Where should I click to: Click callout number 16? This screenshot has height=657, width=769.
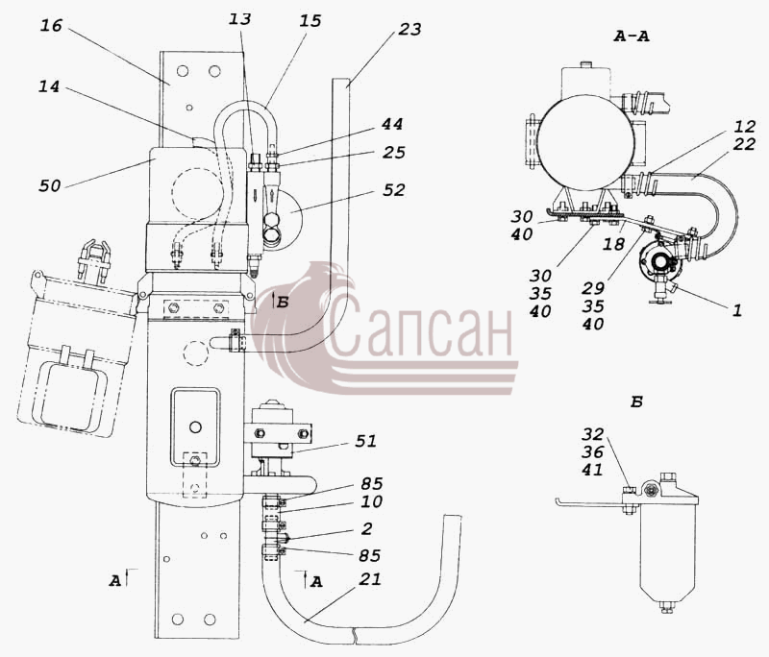coord(51,25)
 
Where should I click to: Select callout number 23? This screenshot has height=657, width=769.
coord(409,30)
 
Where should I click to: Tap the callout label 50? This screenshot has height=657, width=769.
coord(50,185)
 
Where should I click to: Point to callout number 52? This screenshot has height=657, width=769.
coord(394,190)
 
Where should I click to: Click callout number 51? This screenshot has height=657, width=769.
coord(366,441)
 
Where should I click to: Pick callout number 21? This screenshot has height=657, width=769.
coord(370,579)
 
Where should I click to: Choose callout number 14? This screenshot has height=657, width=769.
coord(49,86)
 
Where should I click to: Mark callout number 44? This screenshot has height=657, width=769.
coord(392,124)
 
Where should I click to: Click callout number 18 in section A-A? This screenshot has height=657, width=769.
coord(613,244)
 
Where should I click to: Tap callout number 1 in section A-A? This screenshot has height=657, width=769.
coord(737,310)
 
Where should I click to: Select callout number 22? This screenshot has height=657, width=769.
coord(743,144)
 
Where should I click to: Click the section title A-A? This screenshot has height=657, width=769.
coord(632,36)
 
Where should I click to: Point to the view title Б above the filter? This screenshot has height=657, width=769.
coord(636,402)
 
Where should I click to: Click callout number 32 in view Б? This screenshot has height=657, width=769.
coord(593,434)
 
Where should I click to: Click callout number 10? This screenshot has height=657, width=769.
coord(371,501)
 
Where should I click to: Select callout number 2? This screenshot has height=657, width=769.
coord(367,528)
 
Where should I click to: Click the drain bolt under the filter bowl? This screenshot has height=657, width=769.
coord(666,607)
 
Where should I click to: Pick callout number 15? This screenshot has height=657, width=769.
coord(310,21)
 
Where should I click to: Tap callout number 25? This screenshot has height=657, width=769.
coord(394,153)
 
